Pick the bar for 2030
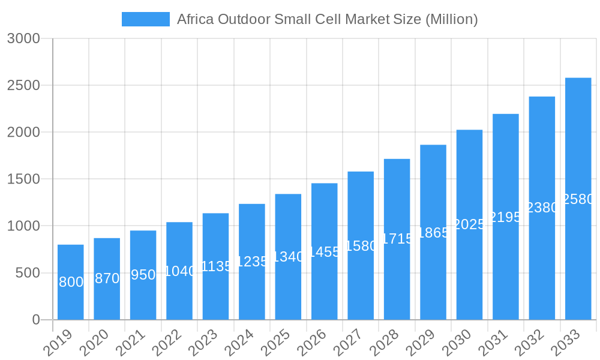pyautogui.click(x=469, y=276)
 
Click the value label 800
pyautogui.click(x=71, y=282)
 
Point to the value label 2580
pyautogui.click(x=578, y=199)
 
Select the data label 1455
pyautogui.click(x=325, y=252)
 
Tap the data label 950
pyautogui.click(x=143, y=275)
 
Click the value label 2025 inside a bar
pyautogui.click(x=469, y=224)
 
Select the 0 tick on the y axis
pyautogui.click(x=35, y=320)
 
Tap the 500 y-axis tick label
pyautogui.click(x=27, y=273)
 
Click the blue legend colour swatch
pyautogui.click(x=146, y=19)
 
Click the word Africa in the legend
pyautogui.click(x=194, y=19)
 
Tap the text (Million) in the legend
pyautogui.click(x=451, y=19)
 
